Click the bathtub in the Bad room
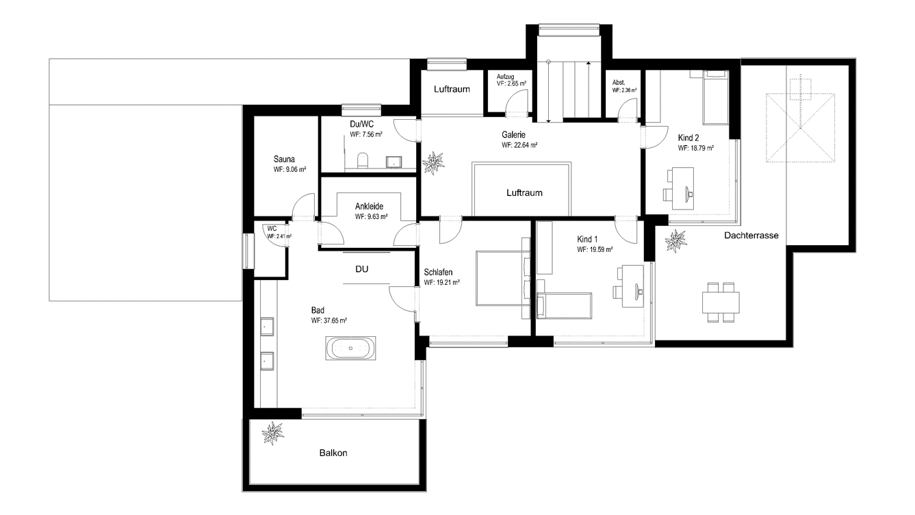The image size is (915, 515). [x=350, y=348]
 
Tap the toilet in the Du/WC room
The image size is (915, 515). [x=363, y=160]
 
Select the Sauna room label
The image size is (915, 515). [x=284, y=160]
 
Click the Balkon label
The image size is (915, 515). [x=333, y=453]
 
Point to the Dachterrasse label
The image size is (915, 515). [x=751, y=236]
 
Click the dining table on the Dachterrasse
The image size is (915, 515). [x=721, y=303]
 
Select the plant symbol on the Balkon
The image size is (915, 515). [x=272, y=434]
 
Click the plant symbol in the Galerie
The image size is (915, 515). [x=433, y=163]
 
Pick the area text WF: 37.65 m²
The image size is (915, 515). [x=328, y=321]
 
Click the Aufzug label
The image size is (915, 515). [x=505, y=77]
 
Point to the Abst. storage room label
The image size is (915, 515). [x=619, y=83]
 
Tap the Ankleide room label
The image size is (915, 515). [x=370, y=206]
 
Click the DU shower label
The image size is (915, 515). [x=362, y=269]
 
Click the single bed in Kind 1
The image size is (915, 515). [x=565, y=305]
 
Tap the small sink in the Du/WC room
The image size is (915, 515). [x=394, y=162]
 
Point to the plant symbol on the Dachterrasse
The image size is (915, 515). [x=675, y=241]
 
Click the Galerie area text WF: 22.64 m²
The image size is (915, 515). [x=519, y=145]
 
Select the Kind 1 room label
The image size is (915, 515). [x=587, y=239]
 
